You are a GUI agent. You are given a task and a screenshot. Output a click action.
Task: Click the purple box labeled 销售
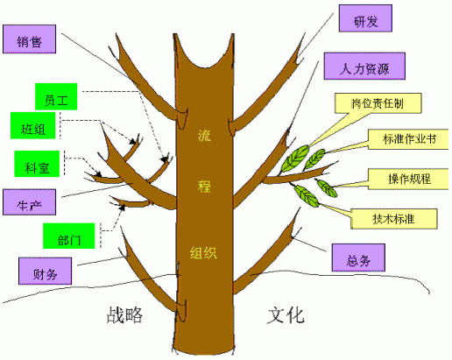click(29, 39)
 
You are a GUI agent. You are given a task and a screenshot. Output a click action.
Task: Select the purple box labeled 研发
click(365, 18)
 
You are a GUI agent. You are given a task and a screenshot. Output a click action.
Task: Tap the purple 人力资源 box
click(364, 66)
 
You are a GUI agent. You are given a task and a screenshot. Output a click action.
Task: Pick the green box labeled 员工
click(56, 96)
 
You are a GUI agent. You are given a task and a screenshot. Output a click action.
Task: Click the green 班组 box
click(32, 125)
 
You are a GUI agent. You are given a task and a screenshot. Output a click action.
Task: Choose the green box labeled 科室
click(37, 164)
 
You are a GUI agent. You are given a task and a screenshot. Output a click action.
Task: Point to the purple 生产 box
click(29, 202)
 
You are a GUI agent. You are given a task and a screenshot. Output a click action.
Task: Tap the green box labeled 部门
click(69, 236)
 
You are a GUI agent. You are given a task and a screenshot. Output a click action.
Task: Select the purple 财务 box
click(45, 271)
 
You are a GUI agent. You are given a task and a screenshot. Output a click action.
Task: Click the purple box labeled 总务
click(358, 258)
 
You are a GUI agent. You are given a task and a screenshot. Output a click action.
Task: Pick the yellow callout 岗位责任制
click(378, 103)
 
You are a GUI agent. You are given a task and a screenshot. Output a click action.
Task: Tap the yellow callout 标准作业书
click(408, 139)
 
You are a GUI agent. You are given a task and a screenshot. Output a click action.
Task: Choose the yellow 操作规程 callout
click(408, 179)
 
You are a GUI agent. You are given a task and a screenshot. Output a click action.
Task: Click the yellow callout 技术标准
click(393, 219)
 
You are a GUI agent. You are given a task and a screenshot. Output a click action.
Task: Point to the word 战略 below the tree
click(124, 315)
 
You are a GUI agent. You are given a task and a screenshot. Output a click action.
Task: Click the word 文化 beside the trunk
click(286, 315)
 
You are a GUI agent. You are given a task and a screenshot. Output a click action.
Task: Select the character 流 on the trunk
click(204, 136)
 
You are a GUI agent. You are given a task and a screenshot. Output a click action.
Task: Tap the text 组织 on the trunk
click(203, 252)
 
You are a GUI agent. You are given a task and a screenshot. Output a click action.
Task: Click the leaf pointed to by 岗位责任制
click(295, 158)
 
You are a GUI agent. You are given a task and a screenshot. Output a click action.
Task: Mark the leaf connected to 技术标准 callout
click(307, 196)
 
